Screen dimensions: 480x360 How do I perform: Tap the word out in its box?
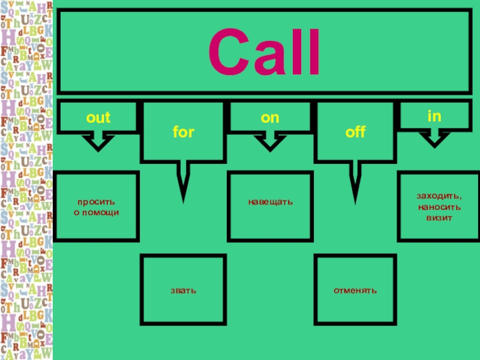(98, 118)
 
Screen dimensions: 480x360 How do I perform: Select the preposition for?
(184, 132)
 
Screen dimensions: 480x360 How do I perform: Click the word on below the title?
(270, 118)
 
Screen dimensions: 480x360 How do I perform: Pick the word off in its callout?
(355, 132)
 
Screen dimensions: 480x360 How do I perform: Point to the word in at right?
(434, 114)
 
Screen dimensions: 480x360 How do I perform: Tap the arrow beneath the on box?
(269, 142)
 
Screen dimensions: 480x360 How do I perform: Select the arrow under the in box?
(434, 140)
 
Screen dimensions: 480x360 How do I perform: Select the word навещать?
(271, 202)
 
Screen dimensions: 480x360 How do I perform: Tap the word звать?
(183, 290)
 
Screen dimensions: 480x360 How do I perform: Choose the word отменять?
(355, 290)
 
